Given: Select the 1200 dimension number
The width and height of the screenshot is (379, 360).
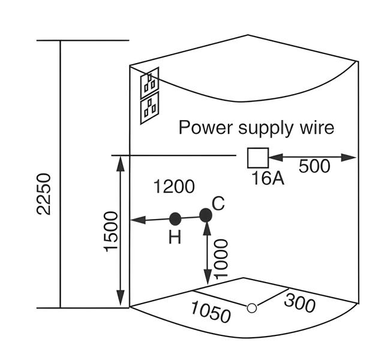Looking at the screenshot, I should pyautogui.click(x=174, y=187).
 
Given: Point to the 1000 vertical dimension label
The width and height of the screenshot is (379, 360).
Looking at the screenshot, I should pyautogui.click(x=221, y=259).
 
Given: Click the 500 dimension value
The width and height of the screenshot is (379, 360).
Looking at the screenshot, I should pyautogui.click(x=314, y=166).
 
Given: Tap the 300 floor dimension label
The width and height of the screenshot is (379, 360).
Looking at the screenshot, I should pyautogui.click(x=299, y=303).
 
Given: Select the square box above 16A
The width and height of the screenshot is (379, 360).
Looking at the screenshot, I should pyautogui.click(x=257, y=158).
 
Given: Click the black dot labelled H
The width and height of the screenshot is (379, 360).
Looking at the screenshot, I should pyautogui.click(x=175, y=218).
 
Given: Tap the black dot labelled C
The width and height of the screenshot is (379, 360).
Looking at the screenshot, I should pyautogui.click(x=206, y=214).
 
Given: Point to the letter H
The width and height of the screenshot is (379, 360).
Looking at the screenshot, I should pyautogui.click(x=175, y=238).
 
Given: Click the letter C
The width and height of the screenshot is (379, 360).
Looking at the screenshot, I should pyautogui.click(x=218, y=203).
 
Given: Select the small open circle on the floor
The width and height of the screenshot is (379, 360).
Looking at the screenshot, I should pyautogui.click(x=252, y=308).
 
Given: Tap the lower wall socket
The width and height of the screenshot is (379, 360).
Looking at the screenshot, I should pyautogui.click(x=149, y=109).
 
